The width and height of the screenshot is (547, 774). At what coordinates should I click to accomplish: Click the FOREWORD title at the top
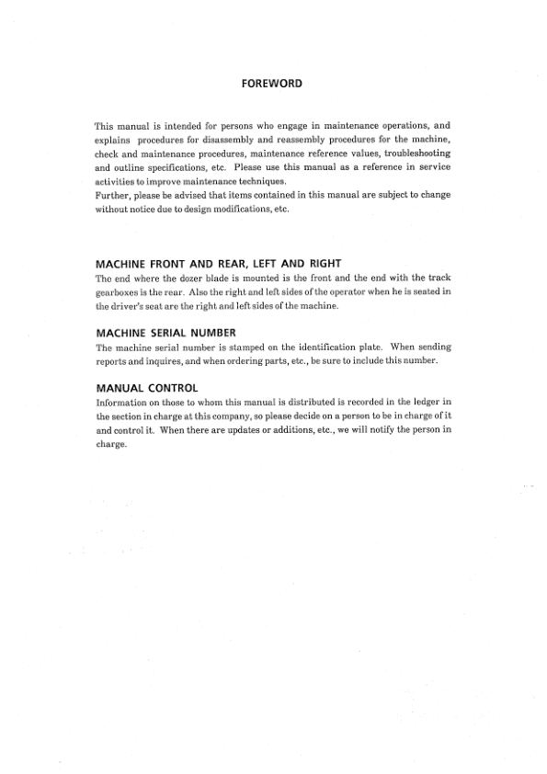(272, 84)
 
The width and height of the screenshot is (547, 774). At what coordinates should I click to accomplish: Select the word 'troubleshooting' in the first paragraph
(417, 154)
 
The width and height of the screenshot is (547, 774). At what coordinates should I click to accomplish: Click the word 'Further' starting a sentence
(112, 197)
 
